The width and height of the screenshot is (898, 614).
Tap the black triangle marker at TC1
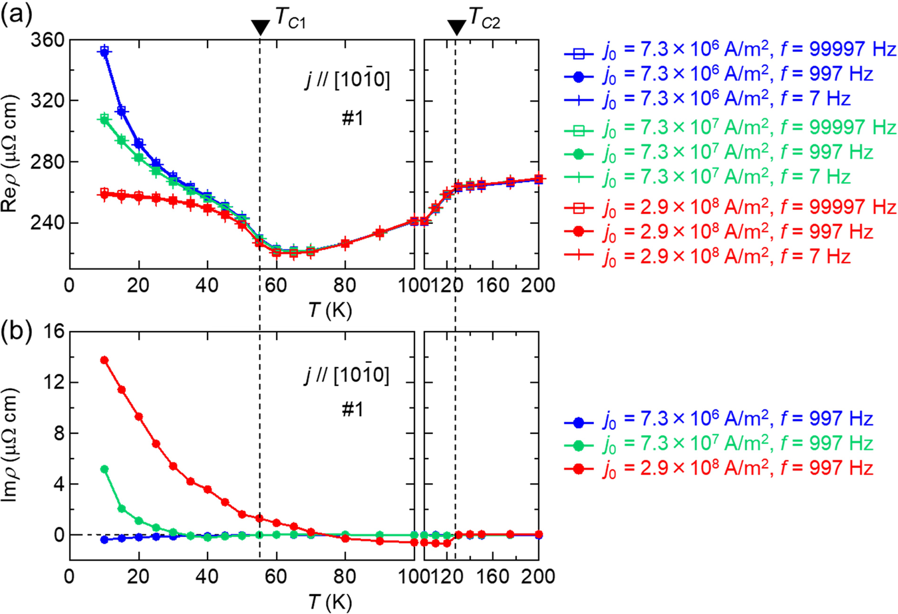point(260,27)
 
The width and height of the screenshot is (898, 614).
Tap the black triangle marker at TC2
point(456,27)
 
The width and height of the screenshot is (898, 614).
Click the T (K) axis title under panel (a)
point(330,310)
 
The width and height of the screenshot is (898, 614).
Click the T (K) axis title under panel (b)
point(330,602)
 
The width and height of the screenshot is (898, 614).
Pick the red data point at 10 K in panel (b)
point(104,360)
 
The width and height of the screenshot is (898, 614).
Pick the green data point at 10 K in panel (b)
point(104,469)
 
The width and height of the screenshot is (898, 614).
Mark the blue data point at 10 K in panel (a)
point(104,52)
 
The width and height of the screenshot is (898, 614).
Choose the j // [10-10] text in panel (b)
point(347,375)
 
